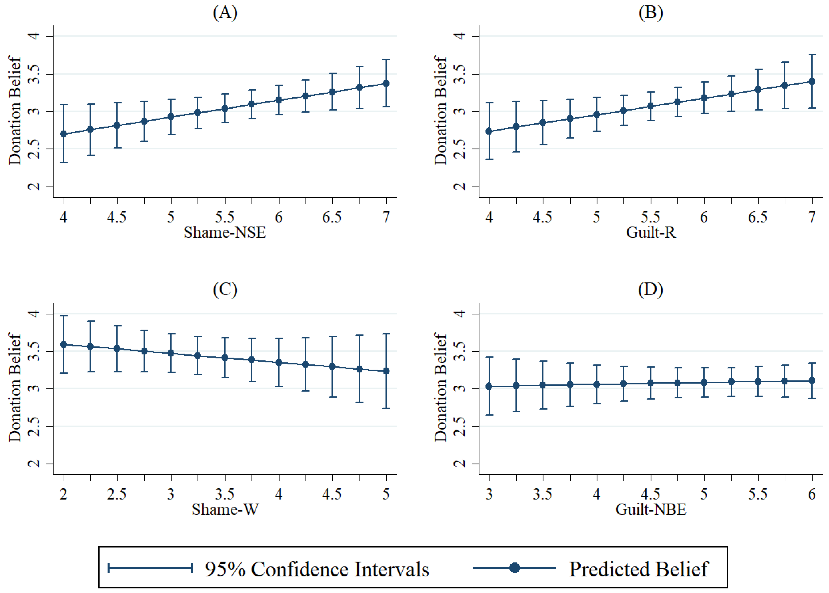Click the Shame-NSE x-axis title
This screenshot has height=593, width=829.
tap(225, 232)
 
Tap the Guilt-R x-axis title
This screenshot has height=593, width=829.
tap(651, 232)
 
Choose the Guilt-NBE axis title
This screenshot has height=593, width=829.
tap(651, 509)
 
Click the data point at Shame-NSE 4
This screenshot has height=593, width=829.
tap(64, 134)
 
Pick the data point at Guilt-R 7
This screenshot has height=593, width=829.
tap(812, 81)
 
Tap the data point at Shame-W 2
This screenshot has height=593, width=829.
tap(64, 344)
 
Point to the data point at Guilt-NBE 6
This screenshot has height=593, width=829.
tap(812, 380)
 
